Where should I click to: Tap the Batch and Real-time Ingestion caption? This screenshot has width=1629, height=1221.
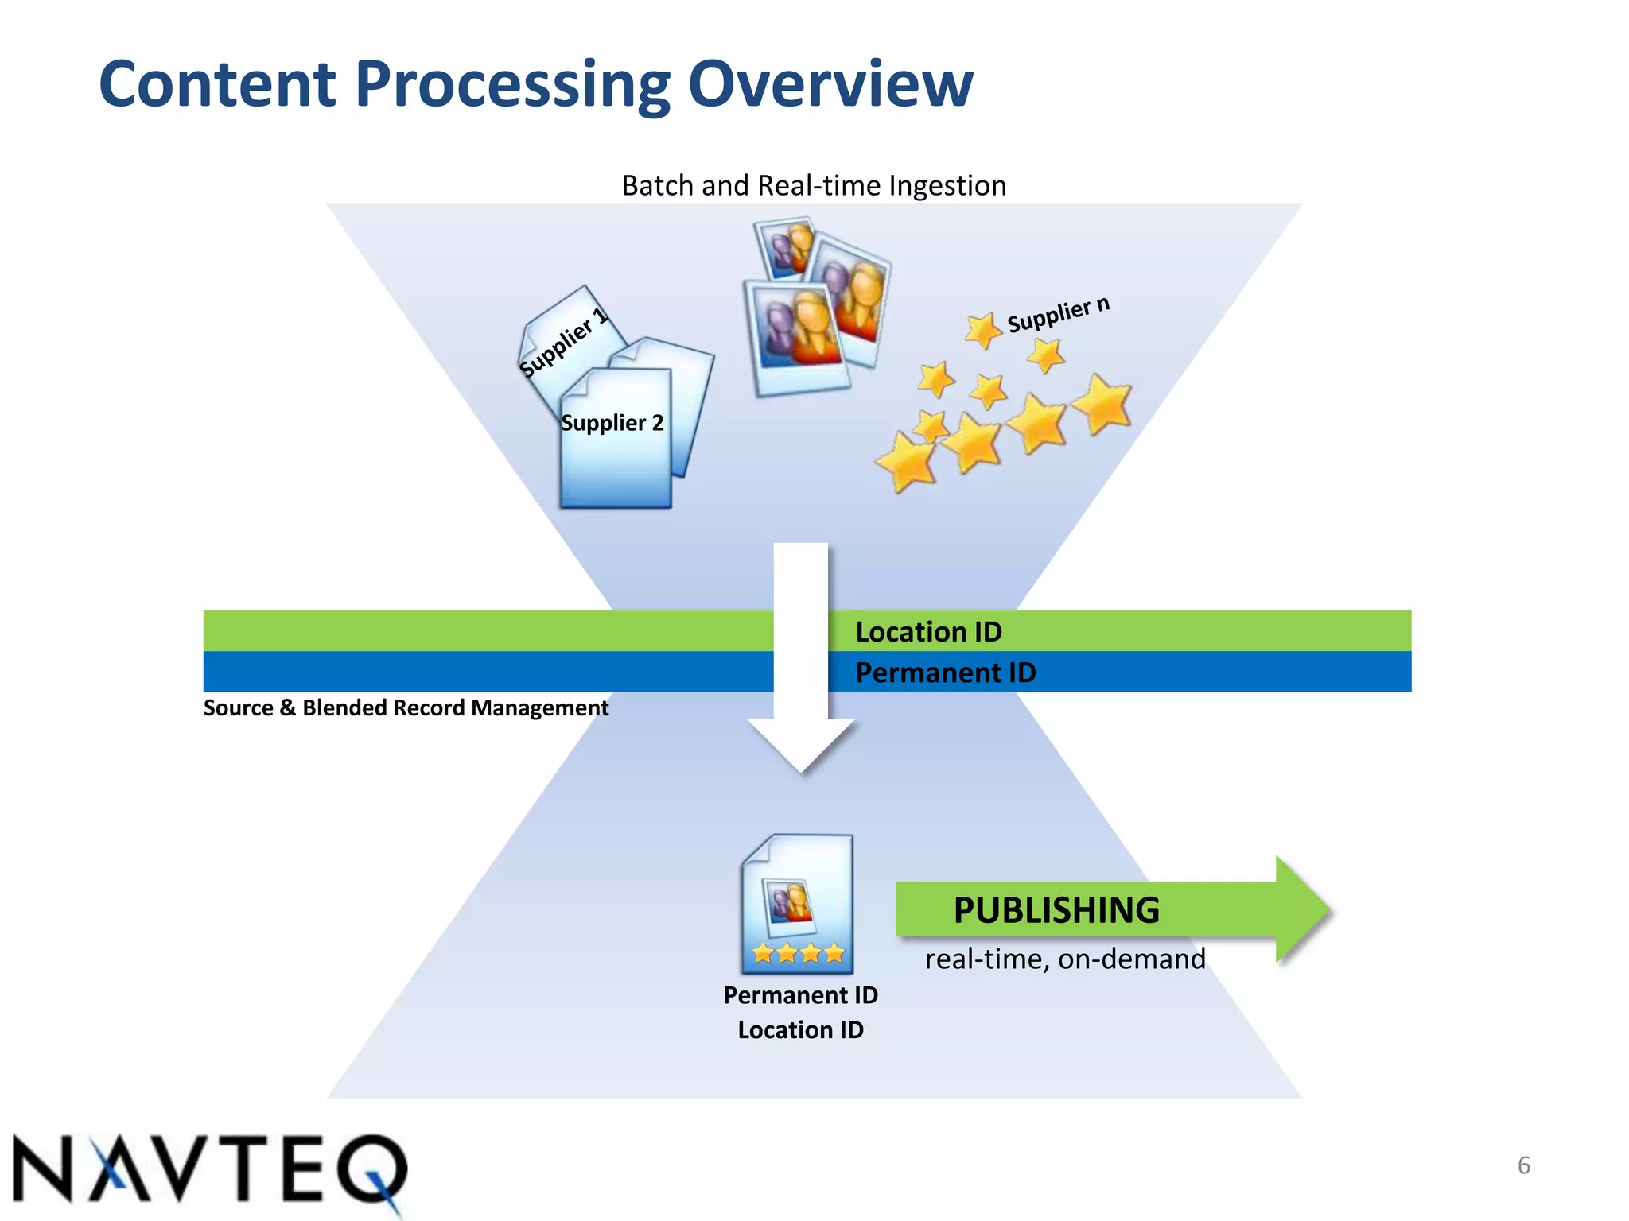814,185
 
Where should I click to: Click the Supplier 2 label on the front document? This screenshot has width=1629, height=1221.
612,423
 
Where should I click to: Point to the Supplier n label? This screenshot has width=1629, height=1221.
1058,315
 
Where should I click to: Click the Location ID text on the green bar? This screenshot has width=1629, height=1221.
928,632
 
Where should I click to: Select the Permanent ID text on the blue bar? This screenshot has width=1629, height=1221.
945,673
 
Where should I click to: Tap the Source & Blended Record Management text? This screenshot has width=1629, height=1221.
406,707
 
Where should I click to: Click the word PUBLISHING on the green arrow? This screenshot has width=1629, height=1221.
1056,910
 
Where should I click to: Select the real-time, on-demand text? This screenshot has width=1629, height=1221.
1064,959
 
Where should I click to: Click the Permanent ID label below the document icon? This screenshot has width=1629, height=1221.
800,995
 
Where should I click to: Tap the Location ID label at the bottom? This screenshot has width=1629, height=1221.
800,1030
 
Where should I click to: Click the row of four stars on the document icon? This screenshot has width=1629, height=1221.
798,952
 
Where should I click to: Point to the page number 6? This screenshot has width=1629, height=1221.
1523,1165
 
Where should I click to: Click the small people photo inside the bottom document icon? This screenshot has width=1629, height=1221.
787,906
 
